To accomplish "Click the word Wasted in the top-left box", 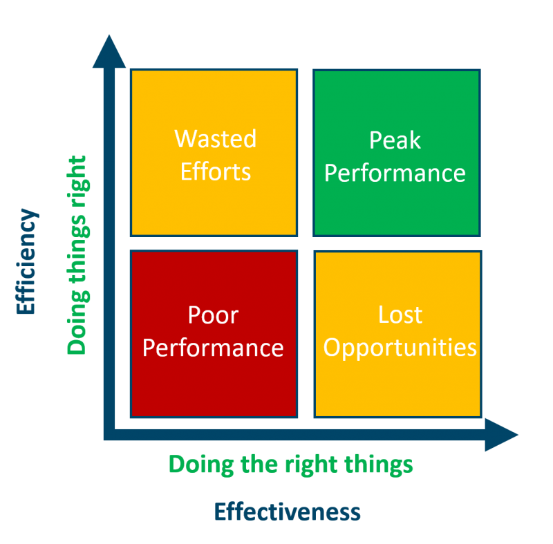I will (215, 139).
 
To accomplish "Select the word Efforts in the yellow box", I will (215, 171).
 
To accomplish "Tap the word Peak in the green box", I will (395, 141).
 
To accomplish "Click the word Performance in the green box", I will (395, 173).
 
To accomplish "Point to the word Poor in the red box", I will (213, 315).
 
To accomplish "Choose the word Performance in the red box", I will (213, 347).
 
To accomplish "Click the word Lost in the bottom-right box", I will (400, 315).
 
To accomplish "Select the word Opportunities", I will (400, 348).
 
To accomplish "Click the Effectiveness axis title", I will (288, 512).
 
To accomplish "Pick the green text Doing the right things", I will (290, 464).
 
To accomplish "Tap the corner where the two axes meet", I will (109, 434).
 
